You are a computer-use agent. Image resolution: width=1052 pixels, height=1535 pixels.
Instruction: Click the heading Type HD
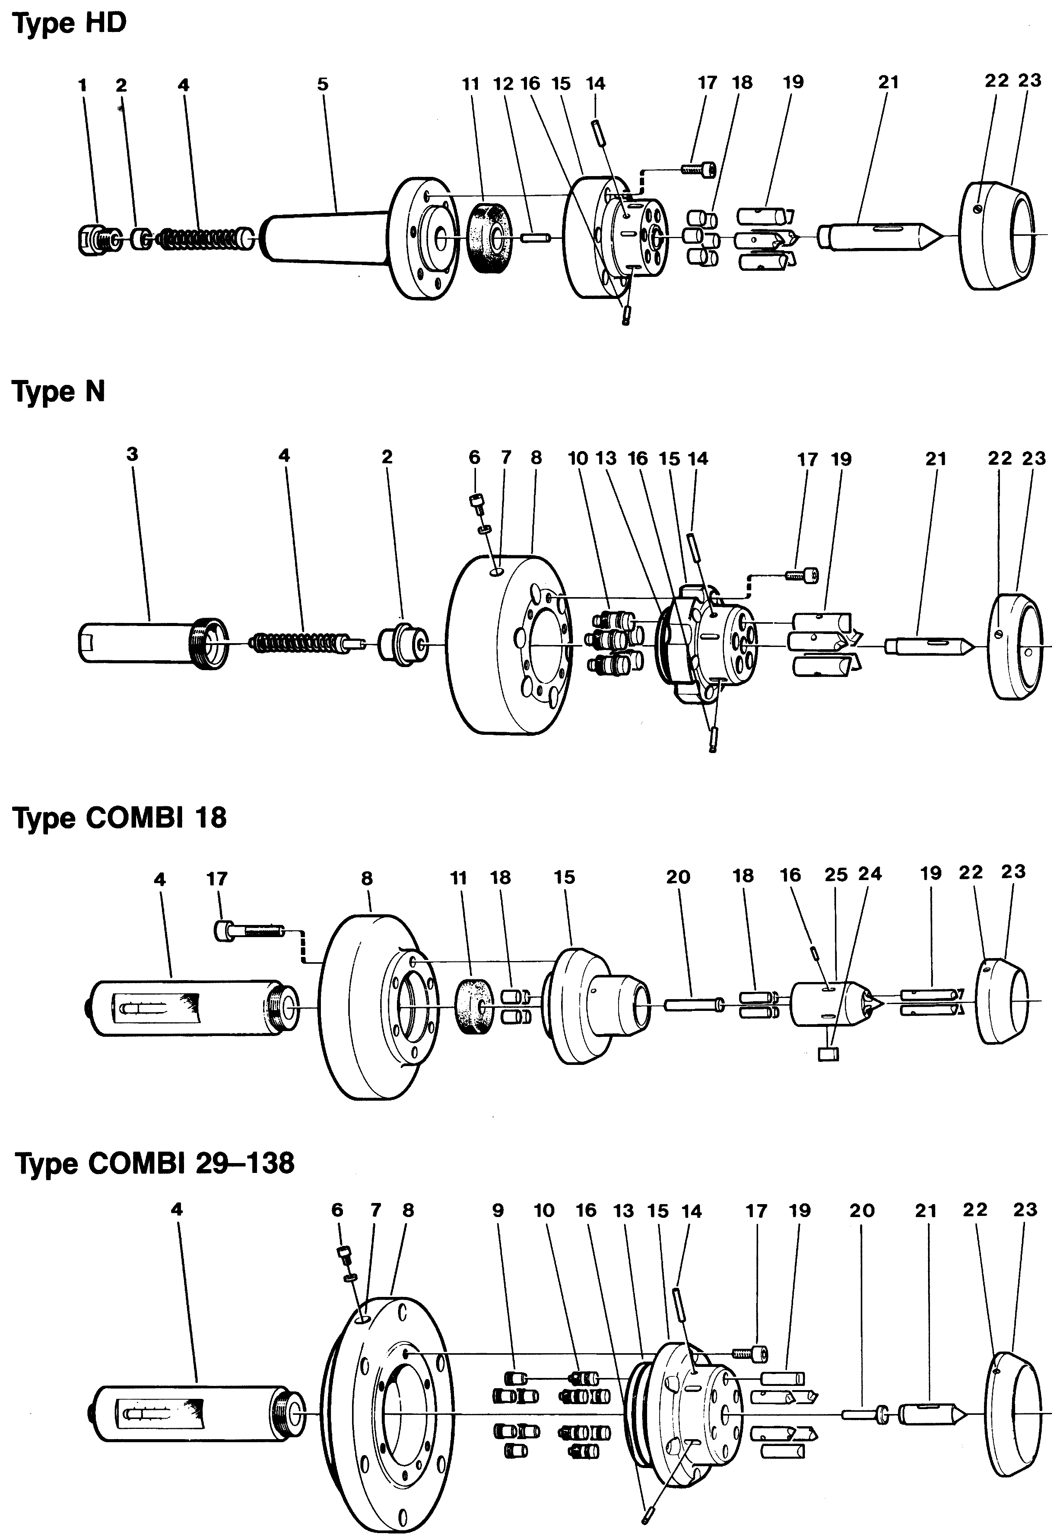[x=69, y=24]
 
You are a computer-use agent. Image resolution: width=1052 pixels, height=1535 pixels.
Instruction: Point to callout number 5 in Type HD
[x=322, y=84]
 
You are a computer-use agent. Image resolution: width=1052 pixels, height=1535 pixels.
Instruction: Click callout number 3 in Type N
[x=132, y=454]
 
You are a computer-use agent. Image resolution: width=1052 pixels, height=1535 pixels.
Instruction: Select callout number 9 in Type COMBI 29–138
[x=498, y=1211]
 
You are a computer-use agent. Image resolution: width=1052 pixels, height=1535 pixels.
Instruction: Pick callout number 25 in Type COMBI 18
[x=836, y=875]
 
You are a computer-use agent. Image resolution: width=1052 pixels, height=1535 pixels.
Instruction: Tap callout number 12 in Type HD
[x=503, y=84]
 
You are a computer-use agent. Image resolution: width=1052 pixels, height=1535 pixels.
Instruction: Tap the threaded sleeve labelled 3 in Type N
[x=153, y=641]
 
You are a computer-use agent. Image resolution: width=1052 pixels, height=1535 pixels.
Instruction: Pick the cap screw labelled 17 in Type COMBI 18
[x=250, y=932]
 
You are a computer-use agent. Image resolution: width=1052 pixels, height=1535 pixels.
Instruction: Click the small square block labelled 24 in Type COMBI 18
[x=828, y=1054]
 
